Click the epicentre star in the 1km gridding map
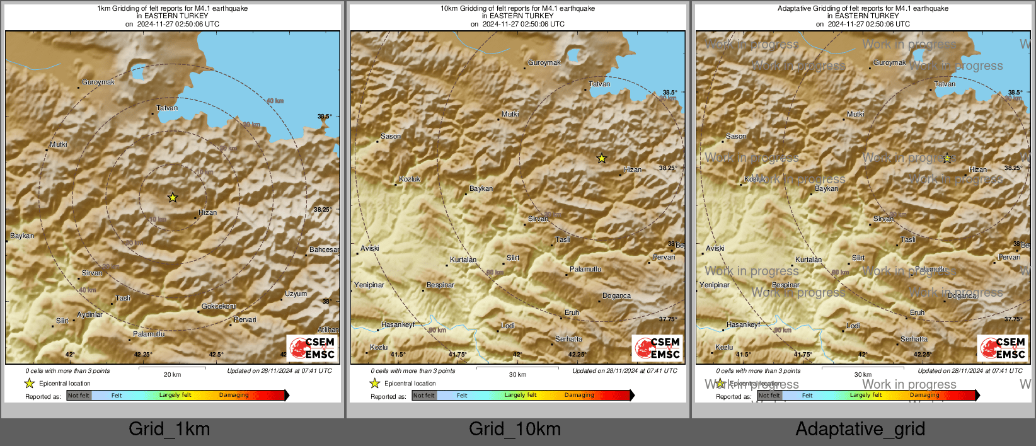173,198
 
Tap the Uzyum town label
296,294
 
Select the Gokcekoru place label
219,307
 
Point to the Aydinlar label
89,314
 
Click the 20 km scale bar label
172,375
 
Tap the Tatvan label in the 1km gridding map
167,108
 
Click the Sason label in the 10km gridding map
390,137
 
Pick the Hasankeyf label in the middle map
398,325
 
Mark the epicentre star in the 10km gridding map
602,159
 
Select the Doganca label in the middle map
616,296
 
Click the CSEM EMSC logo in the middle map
657,348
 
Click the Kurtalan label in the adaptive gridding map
809,260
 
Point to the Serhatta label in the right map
914,340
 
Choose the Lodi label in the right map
853,326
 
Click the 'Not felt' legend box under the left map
79,396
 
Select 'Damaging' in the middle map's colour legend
579,396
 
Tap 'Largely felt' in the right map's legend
866,396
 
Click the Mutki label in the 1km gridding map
59,145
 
